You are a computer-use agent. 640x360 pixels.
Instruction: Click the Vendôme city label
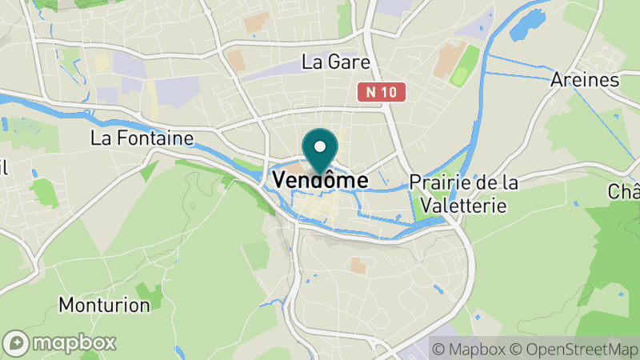pyautogui.click(x=320, y=181)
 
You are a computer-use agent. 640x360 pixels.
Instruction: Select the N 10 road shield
pyautogui.click(x=382, y=93)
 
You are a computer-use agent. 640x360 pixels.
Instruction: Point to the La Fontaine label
pyautogui.click(x=142, y=138)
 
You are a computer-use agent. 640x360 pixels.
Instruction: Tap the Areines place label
pyautogui.click(x=585, y=80)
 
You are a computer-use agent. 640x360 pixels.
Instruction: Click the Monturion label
pyautogui.click(x=104, y=305)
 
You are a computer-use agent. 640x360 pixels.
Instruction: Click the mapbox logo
pyautogui.click(x=60, y=343)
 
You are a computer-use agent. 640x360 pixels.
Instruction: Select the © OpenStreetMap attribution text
pyautogui.click(x=573, y=349)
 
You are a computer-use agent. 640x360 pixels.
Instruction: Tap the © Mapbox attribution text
pyautogui.click(x=467, y=349)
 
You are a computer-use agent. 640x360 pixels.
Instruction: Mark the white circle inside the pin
pyautogui.click(x=320, y=146)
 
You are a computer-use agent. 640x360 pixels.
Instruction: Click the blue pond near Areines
pyautogui.click(x=522, y=29)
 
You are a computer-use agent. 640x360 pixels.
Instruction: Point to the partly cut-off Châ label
pyautogui.click(x=624, y=192)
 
